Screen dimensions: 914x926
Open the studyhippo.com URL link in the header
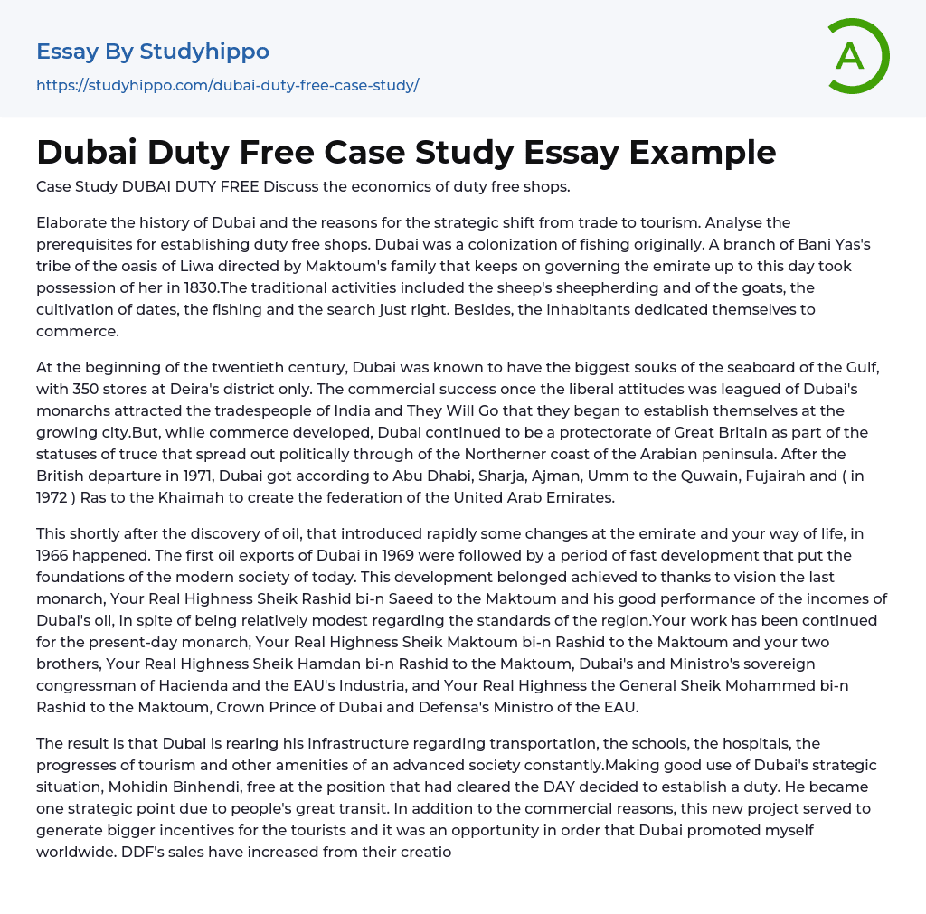pyautogui.click(x=227, y=85)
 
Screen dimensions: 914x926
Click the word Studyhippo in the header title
pyautogui.click(x=204, y=52)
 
